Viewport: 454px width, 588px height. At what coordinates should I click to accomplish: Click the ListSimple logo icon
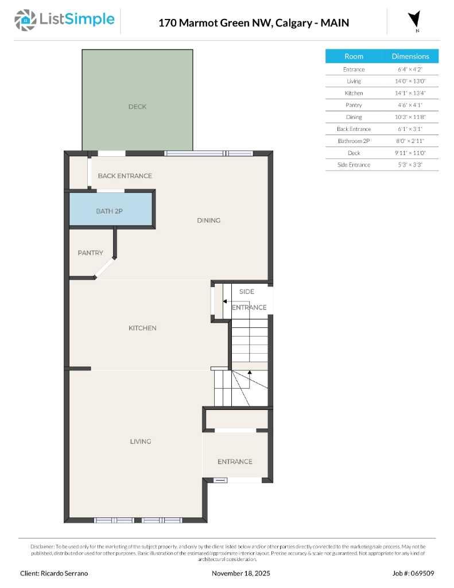tap(24, 20)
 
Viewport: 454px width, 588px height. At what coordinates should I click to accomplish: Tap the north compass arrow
tap(413, 19)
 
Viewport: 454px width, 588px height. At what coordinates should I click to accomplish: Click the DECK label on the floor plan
tap(137, 106)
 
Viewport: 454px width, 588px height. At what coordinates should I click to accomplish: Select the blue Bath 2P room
tap(110, 210)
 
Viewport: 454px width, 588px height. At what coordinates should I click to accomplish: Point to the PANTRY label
tap(91, 253)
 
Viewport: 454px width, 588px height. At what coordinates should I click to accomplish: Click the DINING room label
tap(208, 220)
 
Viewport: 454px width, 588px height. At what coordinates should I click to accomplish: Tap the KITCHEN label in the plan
tap(142, 328)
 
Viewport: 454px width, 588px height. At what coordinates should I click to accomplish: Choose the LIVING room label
tap(140, 441)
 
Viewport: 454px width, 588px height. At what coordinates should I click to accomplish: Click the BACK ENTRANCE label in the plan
tap(125, 176)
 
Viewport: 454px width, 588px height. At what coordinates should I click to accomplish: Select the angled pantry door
tap(104, 268)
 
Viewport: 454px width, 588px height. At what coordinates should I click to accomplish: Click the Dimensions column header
tap(410, 56)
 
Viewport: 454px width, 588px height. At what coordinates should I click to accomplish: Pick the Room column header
tap(354, 56)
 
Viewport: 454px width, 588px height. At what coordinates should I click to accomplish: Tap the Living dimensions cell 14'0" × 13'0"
tap(410, 81)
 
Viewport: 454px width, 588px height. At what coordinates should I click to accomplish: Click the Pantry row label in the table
tap(354, 105)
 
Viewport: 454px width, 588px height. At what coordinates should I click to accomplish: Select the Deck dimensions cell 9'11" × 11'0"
tap(410, 153)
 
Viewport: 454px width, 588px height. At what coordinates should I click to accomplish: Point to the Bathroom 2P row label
tap(354, 141)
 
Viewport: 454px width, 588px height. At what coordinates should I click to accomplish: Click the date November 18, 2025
tap(241, 573)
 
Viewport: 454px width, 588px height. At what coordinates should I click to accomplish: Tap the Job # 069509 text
tap(413, 573)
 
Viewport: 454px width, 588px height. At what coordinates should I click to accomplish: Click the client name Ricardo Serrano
tap(55, 573)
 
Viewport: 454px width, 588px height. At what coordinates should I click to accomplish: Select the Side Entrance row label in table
tap(354, 165)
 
